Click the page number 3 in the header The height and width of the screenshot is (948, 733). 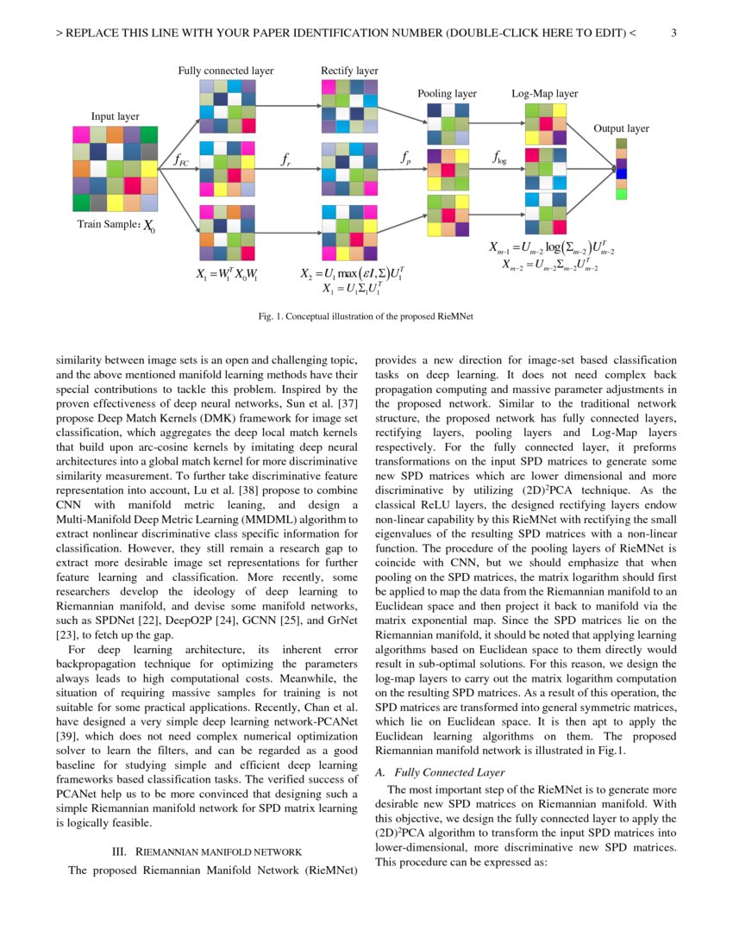tap(673, 34)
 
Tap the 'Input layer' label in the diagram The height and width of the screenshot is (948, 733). tap(115, 116)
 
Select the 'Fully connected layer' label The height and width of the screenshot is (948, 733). tap(226, 71)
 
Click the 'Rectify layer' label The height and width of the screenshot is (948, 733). tap(349, 71)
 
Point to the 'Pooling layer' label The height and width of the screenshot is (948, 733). tap(447, 93)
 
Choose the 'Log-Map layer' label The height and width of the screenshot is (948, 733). tap(544, 93)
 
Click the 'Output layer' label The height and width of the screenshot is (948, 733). tap(621, 128)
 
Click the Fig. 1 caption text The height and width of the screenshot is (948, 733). tap(366, 316)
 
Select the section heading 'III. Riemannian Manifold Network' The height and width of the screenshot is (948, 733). tap(207, 851)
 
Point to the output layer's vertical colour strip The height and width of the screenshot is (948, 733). tap(621, 169)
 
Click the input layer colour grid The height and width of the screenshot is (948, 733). tap(115, 169)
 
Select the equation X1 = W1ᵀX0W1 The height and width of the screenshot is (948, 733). tap(227, 276)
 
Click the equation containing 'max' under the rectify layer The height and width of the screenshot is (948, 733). tap(352, 275)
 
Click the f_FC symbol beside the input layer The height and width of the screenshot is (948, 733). tap(179, 159)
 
